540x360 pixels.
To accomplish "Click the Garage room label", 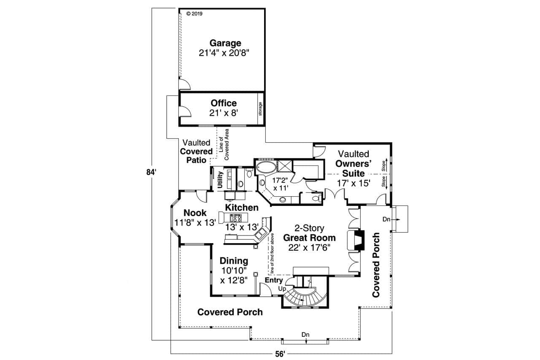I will point(225,43).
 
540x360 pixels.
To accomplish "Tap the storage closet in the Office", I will point(260,109).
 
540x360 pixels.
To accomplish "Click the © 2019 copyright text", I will point(194,14).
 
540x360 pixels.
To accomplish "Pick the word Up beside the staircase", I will point(282,289).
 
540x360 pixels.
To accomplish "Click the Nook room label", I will point(195,213).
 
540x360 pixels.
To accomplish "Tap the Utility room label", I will point(220,180).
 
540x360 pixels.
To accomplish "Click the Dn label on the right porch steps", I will point(387,219).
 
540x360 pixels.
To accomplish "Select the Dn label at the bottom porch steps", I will point(305,335).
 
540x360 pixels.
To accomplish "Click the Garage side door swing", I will point(185,84).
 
